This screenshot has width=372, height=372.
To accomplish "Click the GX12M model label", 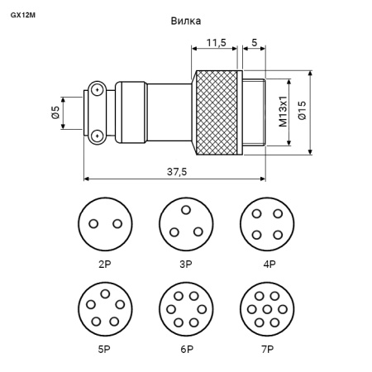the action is coord(23,15).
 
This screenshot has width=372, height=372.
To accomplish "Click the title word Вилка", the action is coord(186,21).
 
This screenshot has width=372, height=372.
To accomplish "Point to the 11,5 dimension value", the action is coord(217,43).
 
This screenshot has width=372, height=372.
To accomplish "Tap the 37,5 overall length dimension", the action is coord(177,172).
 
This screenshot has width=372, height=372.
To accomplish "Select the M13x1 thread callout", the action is coord(283,112).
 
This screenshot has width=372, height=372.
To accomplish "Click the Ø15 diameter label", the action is coord(302,110).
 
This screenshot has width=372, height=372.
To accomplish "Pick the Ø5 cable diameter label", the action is coord(55,112).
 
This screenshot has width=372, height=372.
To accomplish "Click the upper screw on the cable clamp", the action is coord(97,89).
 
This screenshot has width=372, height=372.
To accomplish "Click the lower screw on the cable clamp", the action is coord(97,136).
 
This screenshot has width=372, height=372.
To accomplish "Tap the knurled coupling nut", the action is coord(217,112).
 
